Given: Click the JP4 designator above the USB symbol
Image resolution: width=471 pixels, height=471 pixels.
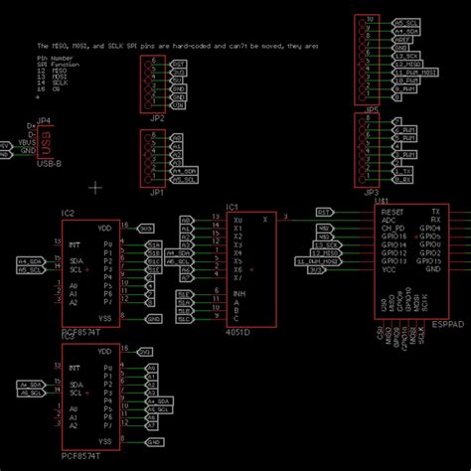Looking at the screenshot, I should (x=43, y=121).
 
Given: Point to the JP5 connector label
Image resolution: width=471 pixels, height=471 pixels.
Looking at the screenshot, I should (x=372, y=109).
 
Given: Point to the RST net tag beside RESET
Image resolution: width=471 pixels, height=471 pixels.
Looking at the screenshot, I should (x=324, y=212).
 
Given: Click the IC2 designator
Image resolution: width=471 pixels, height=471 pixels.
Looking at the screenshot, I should (x=68, y=214).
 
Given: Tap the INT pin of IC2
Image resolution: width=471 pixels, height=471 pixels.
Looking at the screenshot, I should (x=74, y=243).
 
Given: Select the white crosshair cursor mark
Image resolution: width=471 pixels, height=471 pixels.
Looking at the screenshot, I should (x=95, y=186).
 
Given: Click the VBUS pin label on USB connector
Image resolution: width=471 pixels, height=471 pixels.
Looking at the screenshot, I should (x=29, y=142).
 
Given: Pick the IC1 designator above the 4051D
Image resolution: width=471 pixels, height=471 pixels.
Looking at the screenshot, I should (x=233, y=207).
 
